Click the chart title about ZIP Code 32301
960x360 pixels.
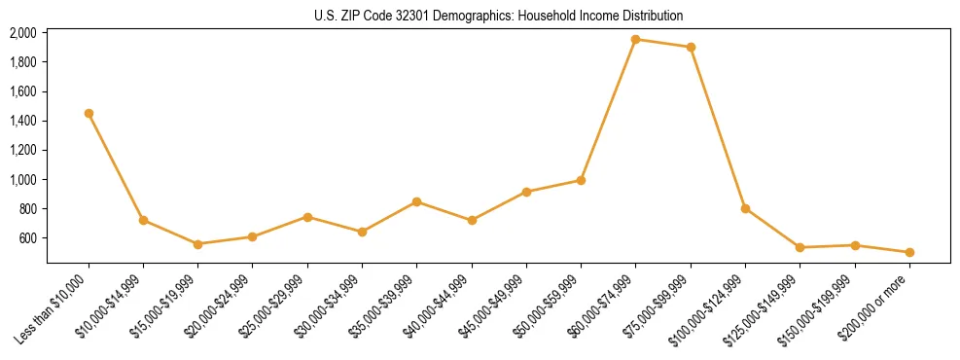coord(499,16)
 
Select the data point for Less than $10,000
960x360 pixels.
coord(89,113)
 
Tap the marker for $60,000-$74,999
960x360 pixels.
coord(635,40)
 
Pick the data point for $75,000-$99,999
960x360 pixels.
coord(691,47)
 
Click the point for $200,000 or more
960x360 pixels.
coord(909,252)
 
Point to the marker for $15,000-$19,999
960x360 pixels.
coord(197,244)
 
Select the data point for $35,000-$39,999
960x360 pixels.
coord(416,201)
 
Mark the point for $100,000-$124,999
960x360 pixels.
coord(745,208)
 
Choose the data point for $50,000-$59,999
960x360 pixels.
coord(581,180)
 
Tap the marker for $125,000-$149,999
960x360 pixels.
coord(800,247)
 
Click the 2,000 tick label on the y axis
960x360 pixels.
coord(23,33)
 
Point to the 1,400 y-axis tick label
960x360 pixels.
coord(23,121)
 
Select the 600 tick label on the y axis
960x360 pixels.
coord(29,238)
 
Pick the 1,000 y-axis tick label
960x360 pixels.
coord(23,180)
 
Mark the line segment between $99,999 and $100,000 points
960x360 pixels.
coord(718,127)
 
